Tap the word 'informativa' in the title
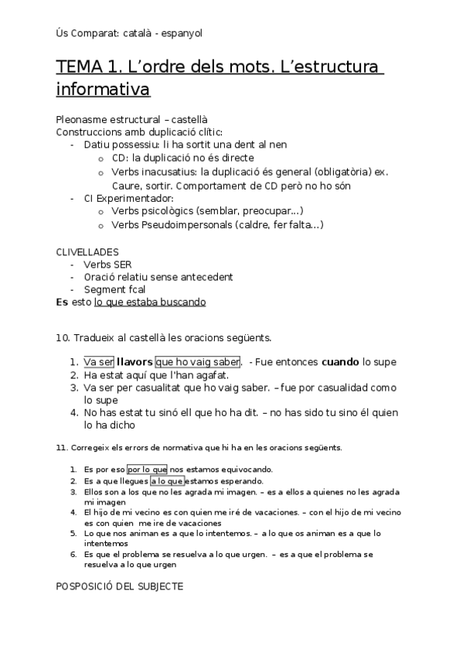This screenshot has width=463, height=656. click(x=103, y=91)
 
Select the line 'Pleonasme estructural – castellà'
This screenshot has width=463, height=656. click(x=132, y=120)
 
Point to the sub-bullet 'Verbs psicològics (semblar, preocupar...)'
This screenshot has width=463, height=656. click(x=207, y=210)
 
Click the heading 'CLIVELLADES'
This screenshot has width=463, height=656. click(x=87, y=252)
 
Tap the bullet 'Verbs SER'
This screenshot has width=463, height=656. click(x=107, y=265)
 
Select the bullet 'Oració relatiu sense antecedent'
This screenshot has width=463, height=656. click(x=158, y=277)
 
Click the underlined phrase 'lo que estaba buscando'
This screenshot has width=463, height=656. click(x=150, y=302)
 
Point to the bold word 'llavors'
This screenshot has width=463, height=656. click(x=134, y=361)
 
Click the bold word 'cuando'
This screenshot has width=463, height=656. click(x=339, y=361)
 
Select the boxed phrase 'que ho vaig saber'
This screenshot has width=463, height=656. click(x=198, y=361)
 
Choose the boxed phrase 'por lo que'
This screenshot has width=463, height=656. click(x=147, y=469)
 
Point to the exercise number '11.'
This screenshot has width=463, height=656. click(x=62, y=448)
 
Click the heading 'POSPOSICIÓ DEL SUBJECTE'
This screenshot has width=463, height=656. click(x=120, y=586)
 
